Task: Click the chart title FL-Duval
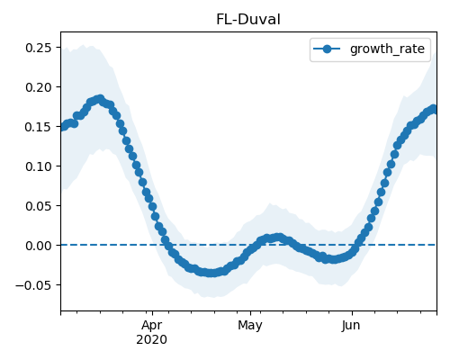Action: click(248, 20)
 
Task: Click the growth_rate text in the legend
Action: click(387, 49)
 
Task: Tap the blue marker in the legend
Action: click(327, 49)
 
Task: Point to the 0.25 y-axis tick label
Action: click(39, 48)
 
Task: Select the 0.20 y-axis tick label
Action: click(39, 87)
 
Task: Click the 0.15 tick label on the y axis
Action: click(39, 127)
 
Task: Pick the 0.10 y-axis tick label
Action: click(39, 166)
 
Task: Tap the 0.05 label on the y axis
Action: click(39, 206)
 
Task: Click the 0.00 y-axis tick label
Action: click(39, 246)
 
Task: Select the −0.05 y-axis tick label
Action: click(33, 285)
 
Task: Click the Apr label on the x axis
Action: click(152, 325)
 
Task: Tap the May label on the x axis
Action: click(250, 325)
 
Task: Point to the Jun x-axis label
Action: click(351, 325)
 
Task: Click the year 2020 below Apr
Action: click(152, 339)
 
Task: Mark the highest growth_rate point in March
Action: click(100, 99)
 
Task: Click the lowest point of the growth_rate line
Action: click(211, 273)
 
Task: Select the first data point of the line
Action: click(63, 127)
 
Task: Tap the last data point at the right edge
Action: click(433, 109)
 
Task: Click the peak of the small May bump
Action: click(279, 238)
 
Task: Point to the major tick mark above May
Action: click(250, 313)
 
